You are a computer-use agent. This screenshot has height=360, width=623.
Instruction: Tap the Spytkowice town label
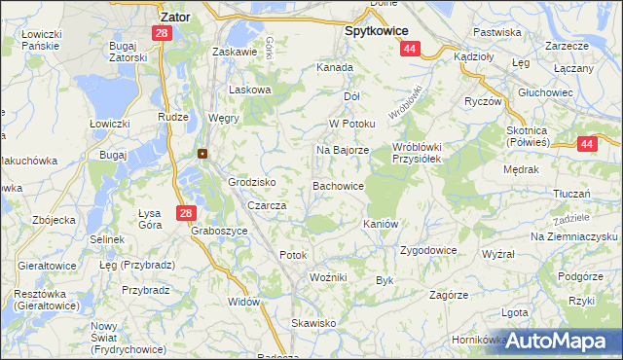tap(377, 30)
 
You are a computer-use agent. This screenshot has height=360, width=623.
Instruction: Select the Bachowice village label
tap(338, 185)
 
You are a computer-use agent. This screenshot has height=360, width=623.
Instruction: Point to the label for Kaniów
tap(381, 224)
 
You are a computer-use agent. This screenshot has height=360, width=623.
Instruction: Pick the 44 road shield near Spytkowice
tap(410, 49)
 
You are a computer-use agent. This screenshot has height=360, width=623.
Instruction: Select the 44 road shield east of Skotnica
tap(586, 144)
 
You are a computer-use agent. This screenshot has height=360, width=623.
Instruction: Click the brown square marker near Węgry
tap(202, 153)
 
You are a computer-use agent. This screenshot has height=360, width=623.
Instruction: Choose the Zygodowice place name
tap(427, 250)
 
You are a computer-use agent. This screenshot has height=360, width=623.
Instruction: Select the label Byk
tap(384, 280)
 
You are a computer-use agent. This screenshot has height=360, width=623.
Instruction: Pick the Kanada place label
tap(334, 68)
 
